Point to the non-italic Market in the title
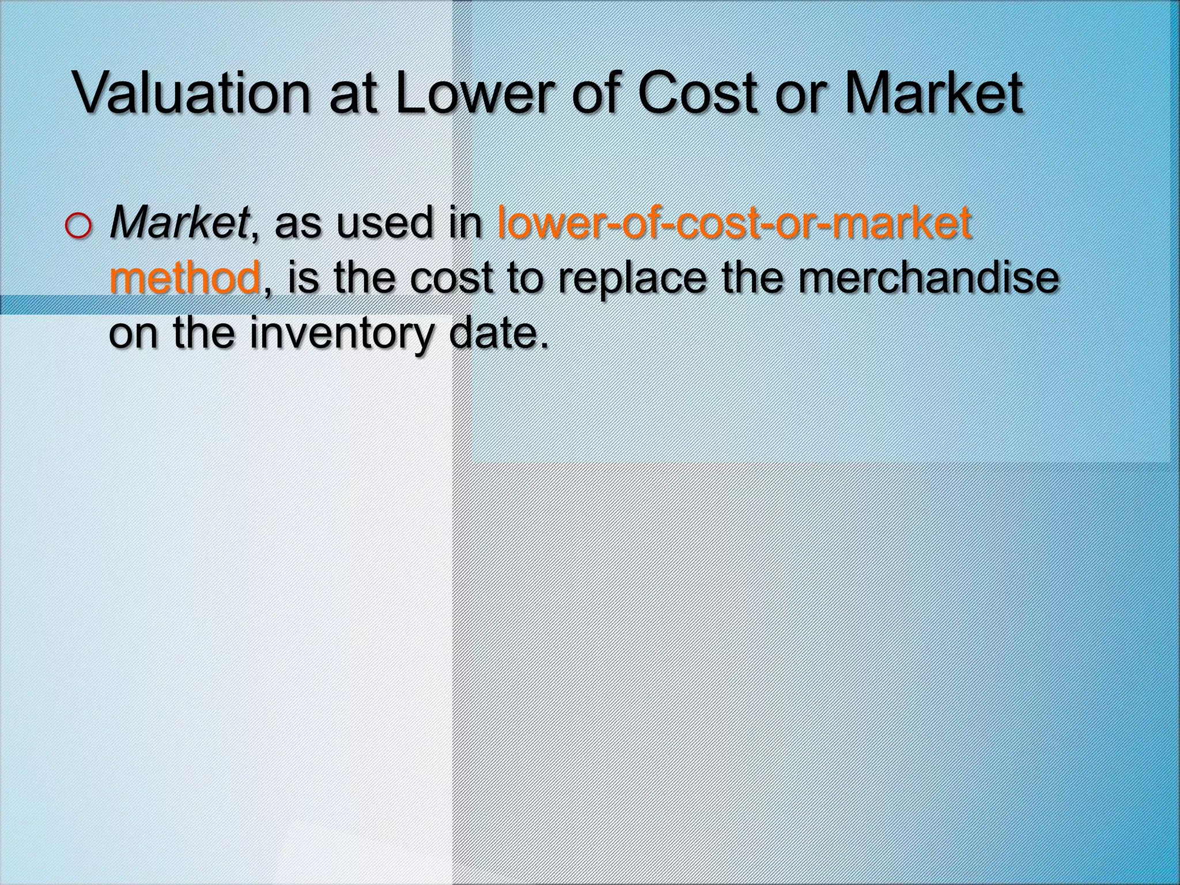934,93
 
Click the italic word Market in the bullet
179,222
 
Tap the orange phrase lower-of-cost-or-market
734,222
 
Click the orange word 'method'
184,277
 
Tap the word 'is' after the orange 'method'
302,277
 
